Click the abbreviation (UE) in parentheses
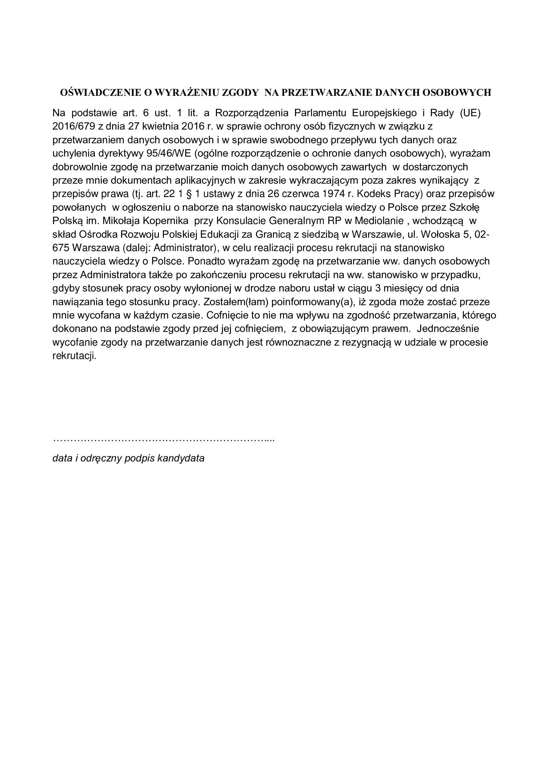click(x=471, y=113)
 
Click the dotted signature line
click(x=164, y=440)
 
